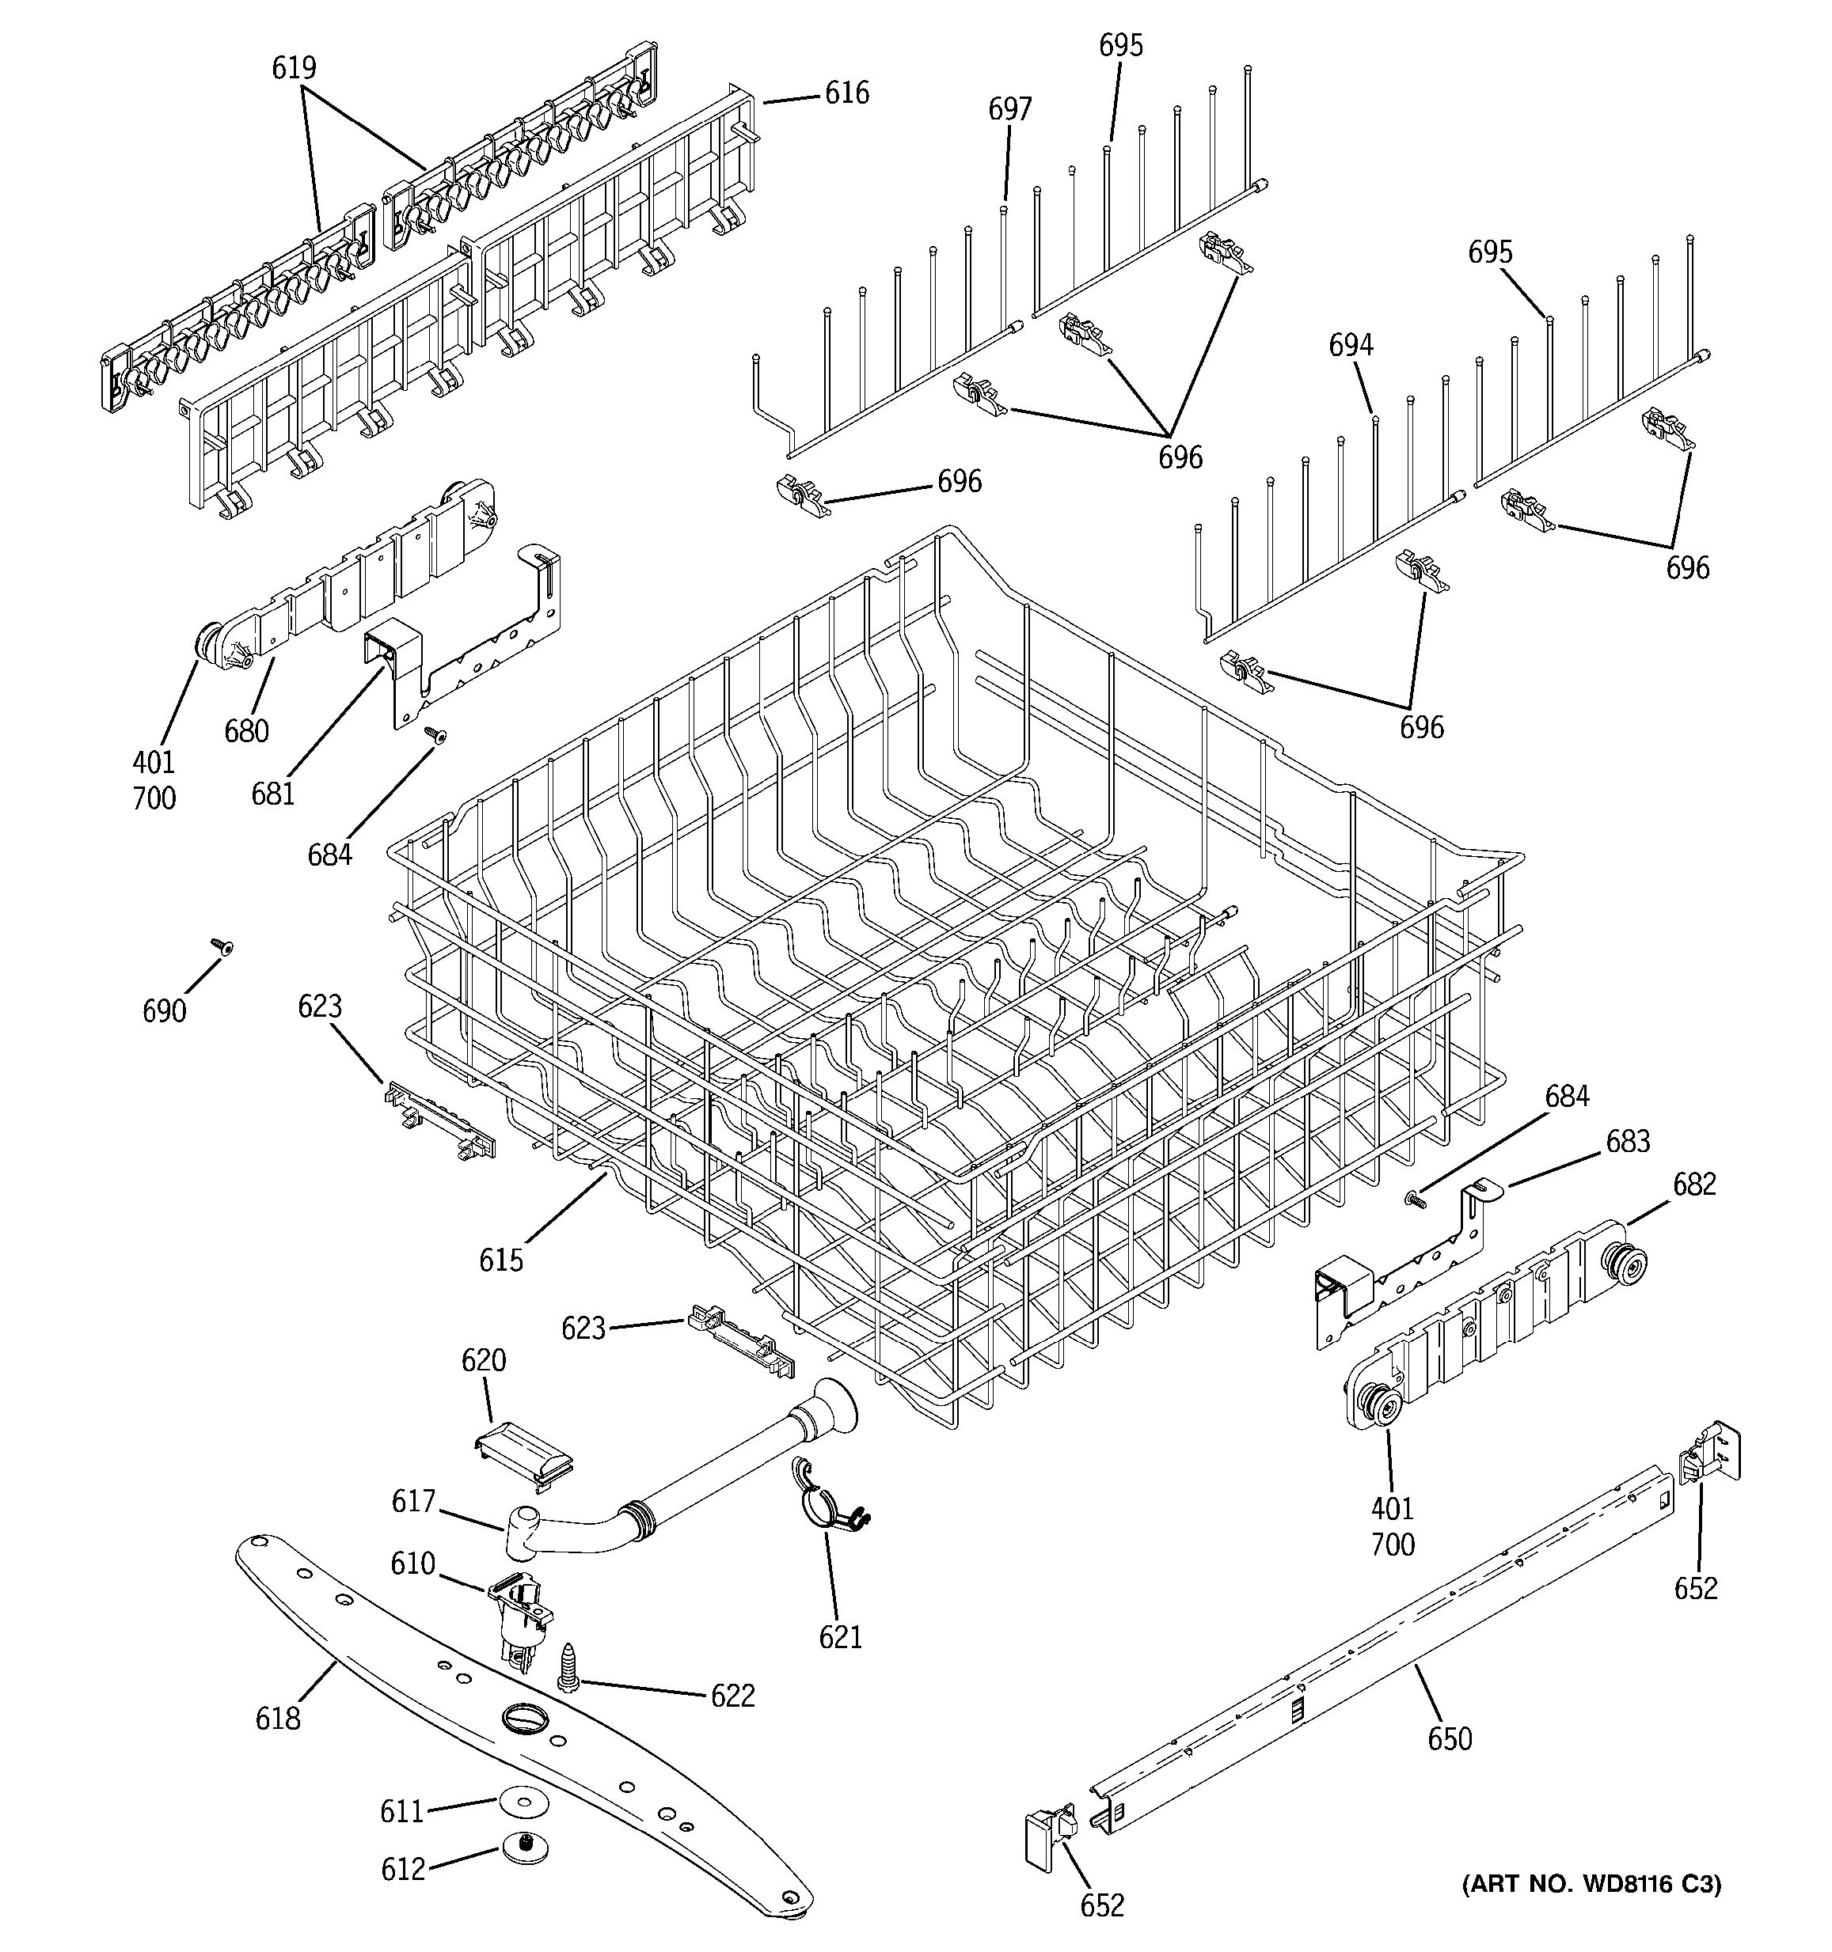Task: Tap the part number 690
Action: pos(164,1011)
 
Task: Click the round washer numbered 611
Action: pos(522,1802)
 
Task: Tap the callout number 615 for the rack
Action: pos(501,1260)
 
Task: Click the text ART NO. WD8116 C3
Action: pos(1591,1884)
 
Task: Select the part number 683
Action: pos(1628,1141)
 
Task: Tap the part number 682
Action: pos(1693,1184)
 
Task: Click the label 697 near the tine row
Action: pos(1009,109)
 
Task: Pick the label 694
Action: pos(1351,345)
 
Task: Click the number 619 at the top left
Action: pos(294,68)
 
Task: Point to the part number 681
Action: pos(273,794)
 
